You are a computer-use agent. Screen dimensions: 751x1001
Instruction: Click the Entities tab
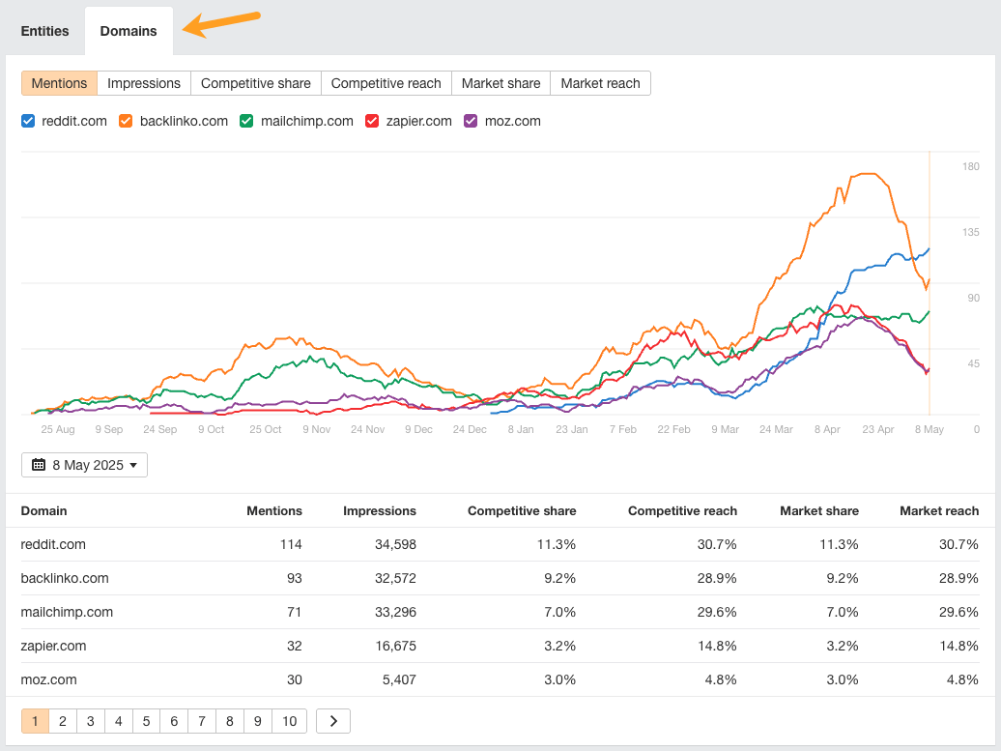point(44,31)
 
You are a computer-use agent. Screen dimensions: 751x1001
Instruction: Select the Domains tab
point(129,31)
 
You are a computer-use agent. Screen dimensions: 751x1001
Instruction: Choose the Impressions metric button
point(144,83)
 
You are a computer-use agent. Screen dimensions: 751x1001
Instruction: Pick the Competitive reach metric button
point(386,83)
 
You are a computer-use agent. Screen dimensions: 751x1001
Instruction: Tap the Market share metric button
point(500,83)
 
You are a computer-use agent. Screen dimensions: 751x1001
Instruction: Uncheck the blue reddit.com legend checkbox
point(28,121)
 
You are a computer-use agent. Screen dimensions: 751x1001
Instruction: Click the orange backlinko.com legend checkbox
point(126,121)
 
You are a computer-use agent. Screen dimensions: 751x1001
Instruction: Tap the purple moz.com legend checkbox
point(472,121)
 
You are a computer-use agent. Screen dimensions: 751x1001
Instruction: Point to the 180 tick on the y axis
point(970,166)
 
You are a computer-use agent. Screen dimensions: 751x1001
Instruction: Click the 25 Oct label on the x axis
point(266,429)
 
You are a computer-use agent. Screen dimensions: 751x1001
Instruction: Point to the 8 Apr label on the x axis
point(827,429)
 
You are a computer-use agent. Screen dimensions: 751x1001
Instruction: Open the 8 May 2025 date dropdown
point(84,465)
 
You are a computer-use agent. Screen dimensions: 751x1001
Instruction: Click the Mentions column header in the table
point(274,510)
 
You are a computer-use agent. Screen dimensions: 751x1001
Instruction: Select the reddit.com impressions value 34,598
point(395,544)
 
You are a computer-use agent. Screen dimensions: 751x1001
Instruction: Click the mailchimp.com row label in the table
point(67,612)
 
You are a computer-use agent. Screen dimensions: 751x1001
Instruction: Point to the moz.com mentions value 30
point(293,679)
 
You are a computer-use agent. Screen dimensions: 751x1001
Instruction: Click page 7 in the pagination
point(201,721)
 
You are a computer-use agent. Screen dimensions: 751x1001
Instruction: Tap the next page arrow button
point(333,721)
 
